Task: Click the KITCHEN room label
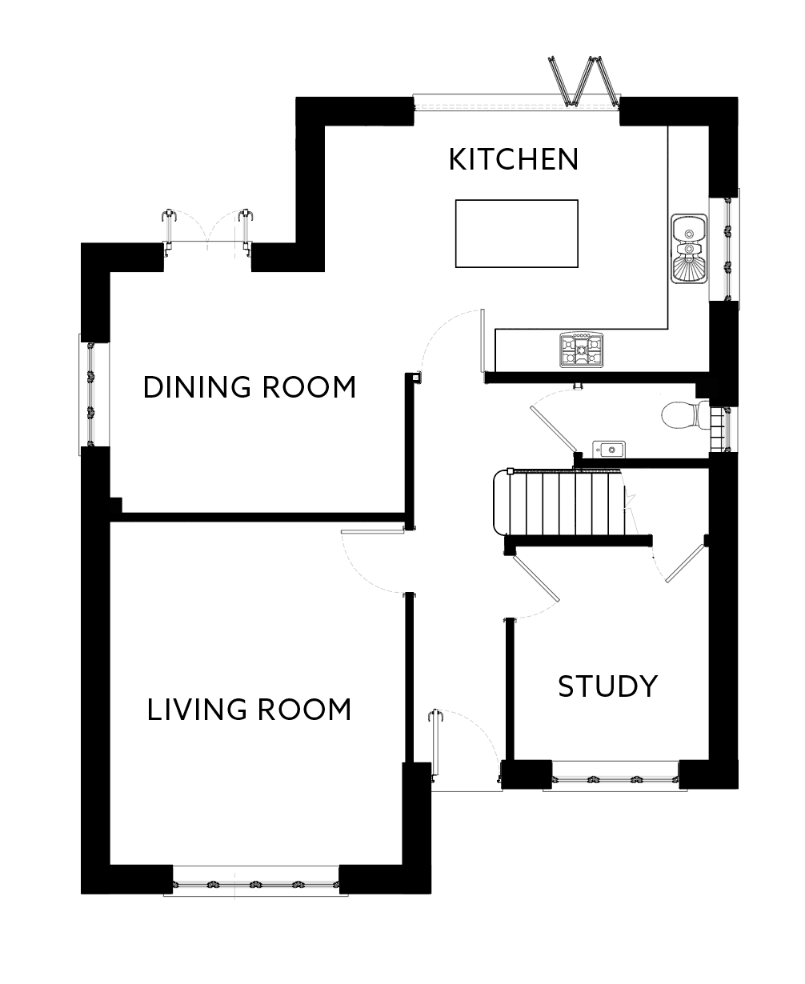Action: [x=513, y=159]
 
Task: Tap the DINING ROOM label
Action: [x=249, y=387]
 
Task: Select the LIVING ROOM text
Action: [x=249, y=710]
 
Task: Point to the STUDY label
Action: [x=607, y=686]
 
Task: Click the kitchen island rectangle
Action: [x=516, y=234]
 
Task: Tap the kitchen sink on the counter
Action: [x=688, y=249]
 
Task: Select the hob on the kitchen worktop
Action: [x=582, y=350]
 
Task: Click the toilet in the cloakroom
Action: [x=683, y=415]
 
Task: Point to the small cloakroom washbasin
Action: [x=607, y=450]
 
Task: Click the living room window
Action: [x=255, y=886]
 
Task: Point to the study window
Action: [x=615, y=778]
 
